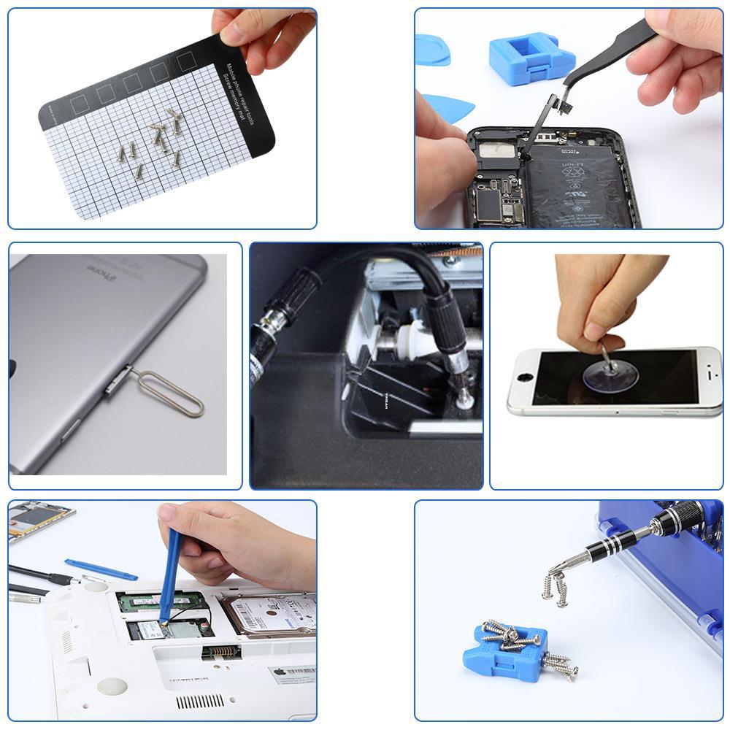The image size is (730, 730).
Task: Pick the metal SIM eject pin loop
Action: point(172,394)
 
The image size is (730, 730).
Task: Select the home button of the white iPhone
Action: point(524,380)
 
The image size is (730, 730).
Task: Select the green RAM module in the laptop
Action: point(157,601)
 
